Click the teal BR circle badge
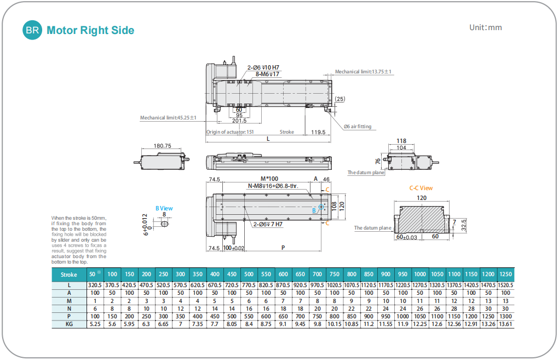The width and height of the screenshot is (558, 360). click(x=32, y=30)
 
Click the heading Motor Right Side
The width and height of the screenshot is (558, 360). click(x=90, y=30)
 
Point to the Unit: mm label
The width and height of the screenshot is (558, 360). click(x=485, y=27)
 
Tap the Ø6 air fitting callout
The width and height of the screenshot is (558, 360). click(x=358, y=127)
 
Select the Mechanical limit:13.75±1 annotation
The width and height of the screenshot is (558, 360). click(x=363, y=72)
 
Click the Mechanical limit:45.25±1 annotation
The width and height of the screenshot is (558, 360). click(x=168, y=118)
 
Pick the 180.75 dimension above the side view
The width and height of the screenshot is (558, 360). click(x=163, y=146)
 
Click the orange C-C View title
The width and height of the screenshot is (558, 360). click(x=421, y=188)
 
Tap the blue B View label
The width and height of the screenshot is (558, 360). click(x=164, y=208)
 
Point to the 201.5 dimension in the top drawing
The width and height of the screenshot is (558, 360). click(x=239, y=121)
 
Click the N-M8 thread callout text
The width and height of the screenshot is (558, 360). click(x=273, y=186)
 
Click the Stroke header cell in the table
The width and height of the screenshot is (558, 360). click(x=69, y=275)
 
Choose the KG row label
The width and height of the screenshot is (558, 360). click(x=69, y=324)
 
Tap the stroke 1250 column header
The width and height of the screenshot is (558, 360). click(x=506, y=275)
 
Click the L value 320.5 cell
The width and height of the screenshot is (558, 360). click(x=95, y=285)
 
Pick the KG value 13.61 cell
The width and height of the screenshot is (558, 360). click(x=506, y=324)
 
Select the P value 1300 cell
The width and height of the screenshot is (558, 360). click(x=506, y=316)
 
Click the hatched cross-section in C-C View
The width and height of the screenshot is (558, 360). click(x=422, y=219)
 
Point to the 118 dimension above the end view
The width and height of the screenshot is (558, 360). click(x=401, y=141)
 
